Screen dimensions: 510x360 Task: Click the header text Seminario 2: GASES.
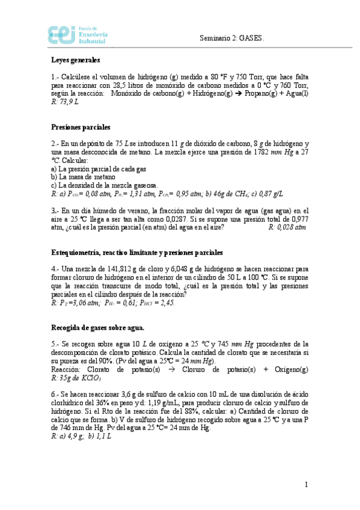click(x=232, y=38)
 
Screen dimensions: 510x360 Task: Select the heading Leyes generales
click(x=75, y=60)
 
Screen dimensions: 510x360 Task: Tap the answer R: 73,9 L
click(x=65, y=102)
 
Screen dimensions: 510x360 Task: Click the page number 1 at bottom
click(x=306, y=485)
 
